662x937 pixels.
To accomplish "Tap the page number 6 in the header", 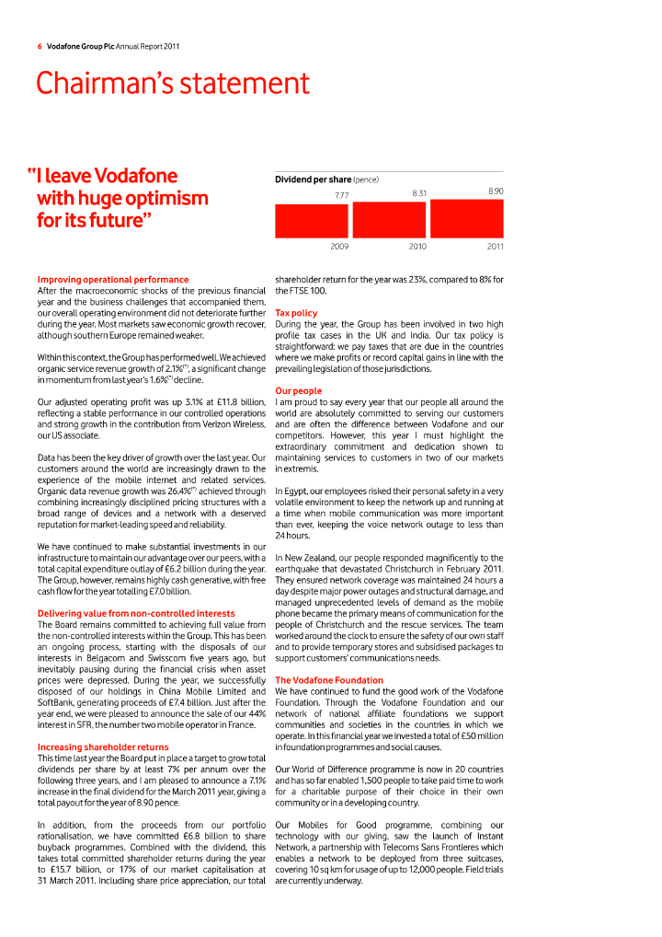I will pos(40,45).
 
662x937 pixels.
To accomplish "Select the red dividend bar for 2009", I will pos(312,221).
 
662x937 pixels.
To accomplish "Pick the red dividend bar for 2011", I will pos(467,218).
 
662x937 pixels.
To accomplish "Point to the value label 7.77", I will pos(341,195).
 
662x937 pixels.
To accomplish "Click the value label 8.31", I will pos(419,193).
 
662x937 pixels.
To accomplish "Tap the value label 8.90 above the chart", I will pos(496,191).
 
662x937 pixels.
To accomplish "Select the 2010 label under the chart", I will pos(417,247).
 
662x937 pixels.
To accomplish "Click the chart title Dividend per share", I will pos(313,179).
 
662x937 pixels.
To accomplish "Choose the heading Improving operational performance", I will pos(113,279).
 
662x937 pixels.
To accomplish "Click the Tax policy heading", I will pos(296,313).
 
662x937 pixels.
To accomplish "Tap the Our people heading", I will pos(299,391).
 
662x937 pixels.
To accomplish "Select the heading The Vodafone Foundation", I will pos(328,680).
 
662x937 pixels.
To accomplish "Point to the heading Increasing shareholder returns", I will pos(103,746).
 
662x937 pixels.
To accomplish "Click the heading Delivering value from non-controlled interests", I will pos(136,613).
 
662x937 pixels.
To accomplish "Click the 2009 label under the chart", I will pos(339,247).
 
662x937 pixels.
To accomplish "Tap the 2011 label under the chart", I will pos(495,247).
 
